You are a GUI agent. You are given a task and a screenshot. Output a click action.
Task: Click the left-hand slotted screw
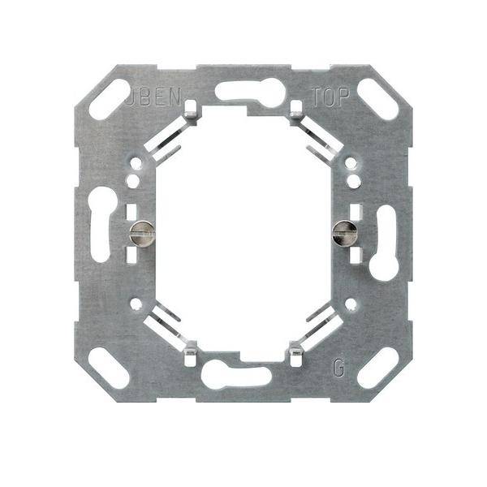(140, 235)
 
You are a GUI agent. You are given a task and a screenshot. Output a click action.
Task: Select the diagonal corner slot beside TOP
(378, 100)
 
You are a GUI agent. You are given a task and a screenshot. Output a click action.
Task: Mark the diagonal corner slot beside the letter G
(377, 368)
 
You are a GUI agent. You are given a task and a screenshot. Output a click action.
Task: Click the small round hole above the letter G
(351, 304)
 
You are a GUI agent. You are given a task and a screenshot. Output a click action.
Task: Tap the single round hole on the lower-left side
(136, 305)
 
